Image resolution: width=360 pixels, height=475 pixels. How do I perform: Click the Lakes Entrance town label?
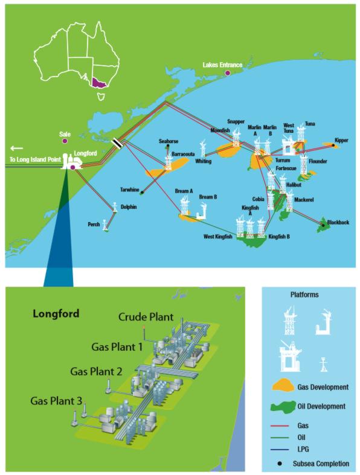(223, 65)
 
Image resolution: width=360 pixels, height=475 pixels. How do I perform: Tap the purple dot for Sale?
(65, 141)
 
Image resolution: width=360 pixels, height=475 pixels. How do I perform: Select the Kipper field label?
(341, 139)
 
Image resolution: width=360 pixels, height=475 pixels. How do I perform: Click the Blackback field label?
(338, 223)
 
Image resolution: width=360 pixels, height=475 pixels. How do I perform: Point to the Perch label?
(94, 224)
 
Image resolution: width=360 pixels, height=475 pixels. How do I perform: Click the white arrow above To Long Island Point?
(17, 147)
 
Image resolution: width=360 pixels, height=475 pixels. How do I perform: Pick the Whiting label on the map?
(204, 161)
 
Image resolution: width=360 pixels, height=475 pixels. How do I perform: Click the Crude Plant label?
(146, 316)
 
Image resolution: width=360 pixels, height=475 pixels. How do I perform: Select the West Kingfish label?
(218, 237)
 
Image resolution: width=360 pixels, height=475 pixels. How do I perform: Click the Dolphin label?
(129, 207)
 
